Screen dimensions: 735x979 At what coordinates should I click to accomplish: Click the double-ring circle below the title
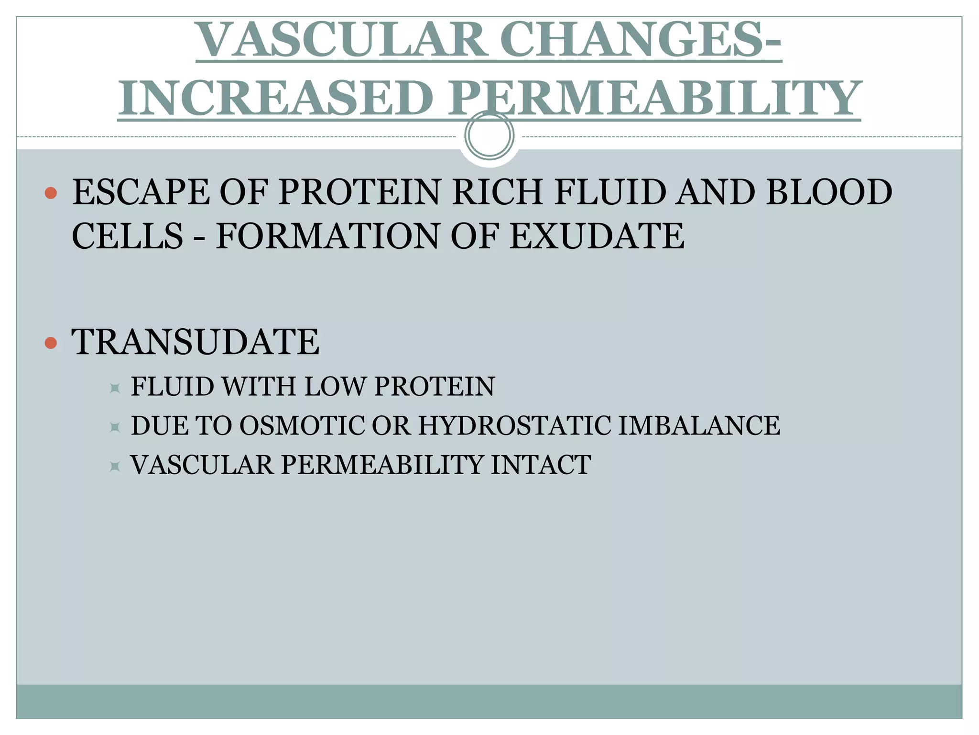(x=489, y=135)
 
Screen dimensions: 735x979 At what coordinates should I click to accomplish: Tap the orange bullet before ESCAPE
(x=51, y=193)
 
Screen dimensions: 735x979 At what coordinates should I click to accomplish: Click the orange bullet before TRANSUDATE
(x=51, y=343)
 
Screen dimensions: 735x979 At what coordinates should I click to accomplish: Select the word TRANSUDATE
(x=195, y=342)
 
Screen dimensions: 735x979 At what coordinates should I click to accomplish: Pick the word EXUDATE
(x=597, y=236)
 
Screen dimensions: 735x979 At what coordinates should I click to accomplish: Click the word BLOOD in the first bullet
(x=829, y=192)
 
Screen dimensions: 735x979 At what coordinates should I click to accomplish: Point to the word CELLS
(x=127, y=236)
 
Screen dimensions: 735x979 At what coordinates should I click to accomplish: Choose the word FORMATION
(x=327, y=236)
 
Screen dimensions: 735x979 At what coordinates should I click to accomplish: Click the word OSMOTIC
(x=302, y=425)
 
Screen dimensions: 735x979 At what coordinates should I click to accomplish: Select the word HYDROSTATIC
(x=514, y=425)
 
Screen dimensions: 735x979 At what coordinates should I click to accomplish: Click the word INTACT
(x=541, y=465)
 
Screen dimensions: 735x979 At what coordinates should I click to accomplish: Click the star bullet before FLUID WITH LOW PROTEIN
(x=115, y=388)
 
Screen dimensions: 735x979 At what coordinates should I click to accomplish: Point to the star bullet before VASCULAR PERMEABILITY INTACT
(x=115, y=466)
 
